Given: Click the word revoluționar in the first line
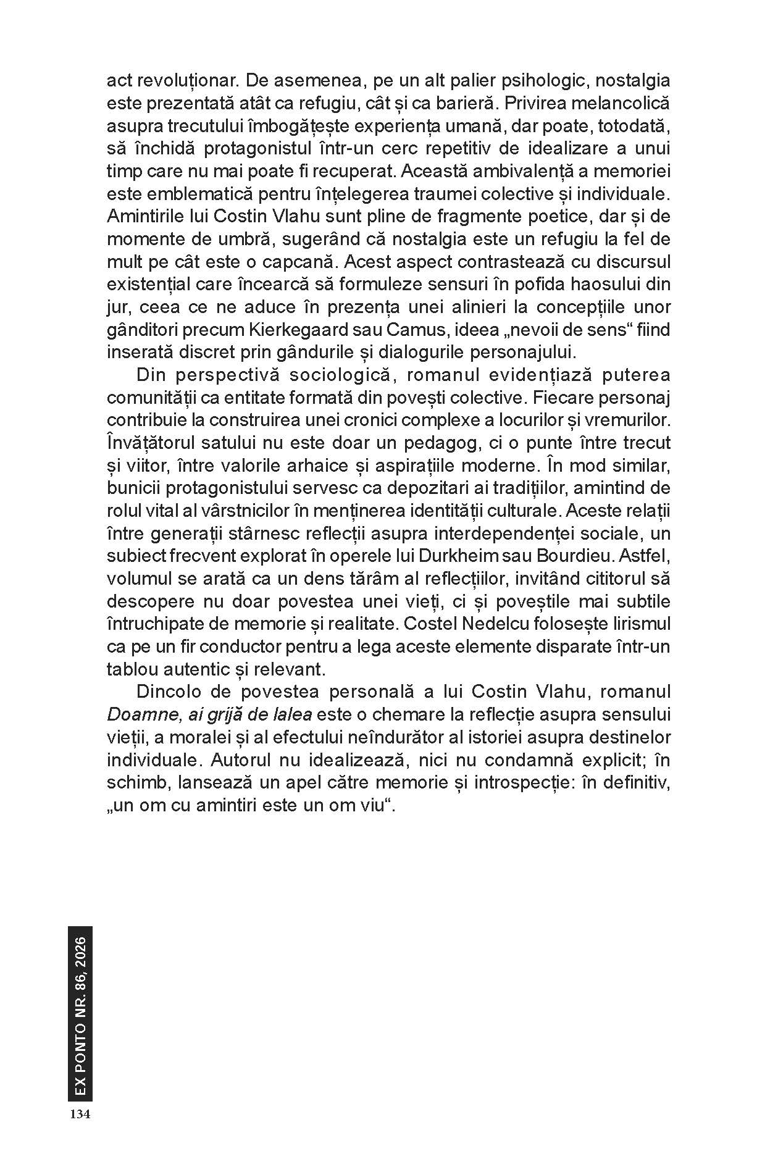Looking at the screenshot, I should [183, 80].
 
